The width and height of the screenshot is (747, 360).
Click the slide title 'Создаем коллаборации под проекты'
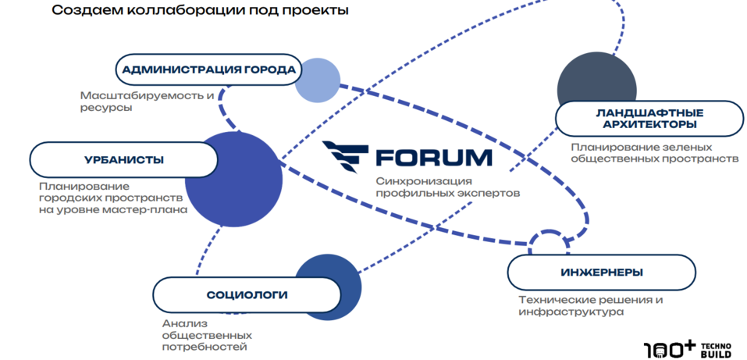[x=200, y=11]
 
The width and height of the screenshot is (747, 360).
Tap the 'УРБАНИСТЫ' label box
[x=123, y=160]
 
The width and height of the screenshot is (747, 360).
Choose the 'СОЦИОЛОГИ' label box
[x=247, y=295]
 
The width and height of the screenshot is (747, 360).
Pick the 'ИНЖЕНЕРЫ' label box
[x=601, y=273]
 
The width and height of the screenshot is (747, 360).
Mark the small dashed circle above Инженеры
[x=549, y=243]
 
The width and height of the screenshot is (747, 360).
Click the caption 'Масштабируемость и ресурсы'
[x=147, y=102]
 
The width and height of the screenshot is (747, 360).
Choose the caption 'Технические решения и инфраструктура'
[x=591, y=305]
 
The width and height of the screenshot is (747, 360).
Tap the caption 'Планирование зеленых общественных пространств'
[x=653, y=151]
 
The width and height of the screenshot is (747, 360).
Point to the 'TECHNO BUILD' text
[x=715, y=349]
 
